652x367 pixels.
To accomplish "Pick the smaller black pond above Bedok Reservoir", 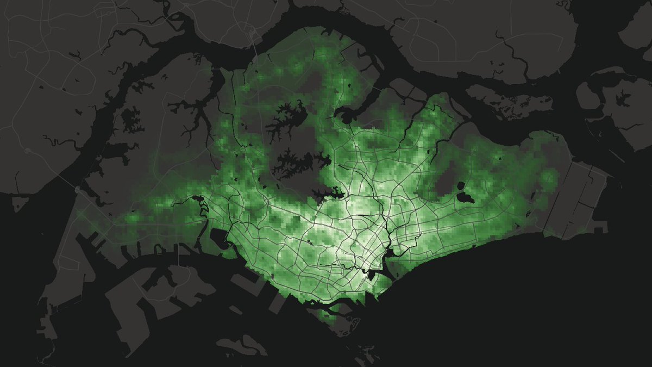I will click(x=461, y=184).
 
